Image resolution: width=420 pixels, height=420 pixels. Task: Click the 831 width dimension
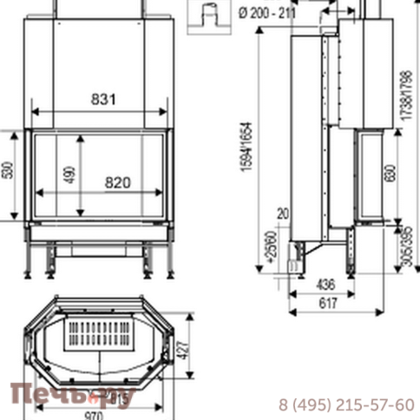[x=102, y=100]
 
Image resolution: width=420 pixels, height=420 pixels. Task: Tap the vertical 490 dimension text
[x=68, y=174]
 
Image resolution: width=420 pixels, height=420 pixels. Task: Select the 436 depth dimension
[x=325, y=285]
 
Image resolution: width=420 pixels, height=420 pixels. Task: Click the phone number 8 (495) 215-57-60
[x=346, y=404]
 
